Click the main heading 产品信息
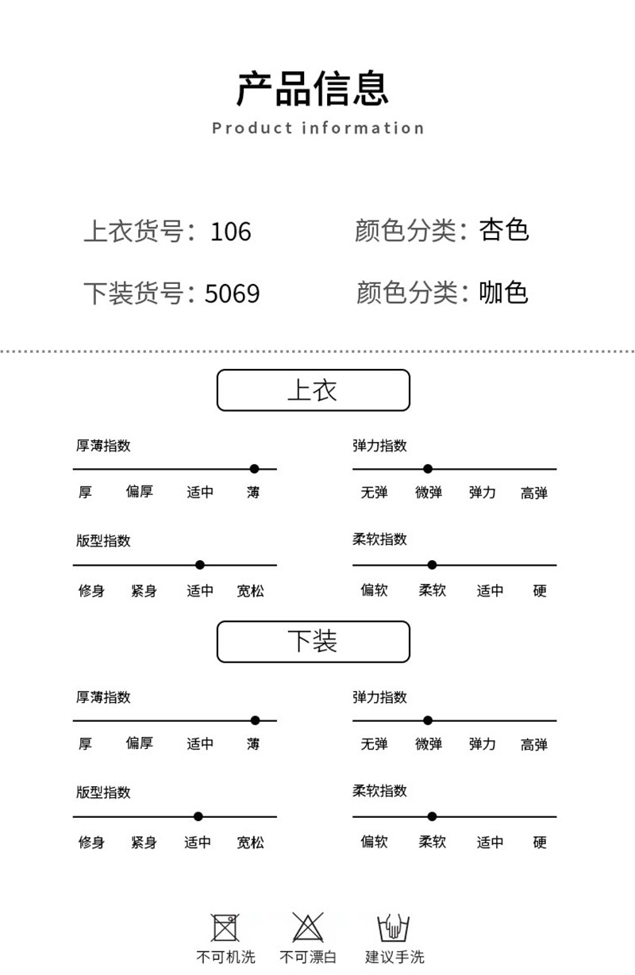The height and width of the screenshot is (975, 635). (x=313, y=89)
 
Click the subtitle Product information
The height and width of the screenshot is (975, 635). (x=318, y=128)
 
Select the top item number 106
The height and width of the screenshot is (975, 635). (x=230, y=232)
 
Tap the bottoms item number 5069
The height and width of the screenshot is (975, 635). (x=232, y=294)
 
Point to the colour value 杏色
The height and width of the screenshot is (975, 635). (x=504, y=230)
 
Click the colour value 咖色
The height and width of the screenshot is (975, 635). (x=504, y=292)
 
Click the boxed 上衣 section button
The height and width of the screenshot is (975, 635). (x=314, y=390)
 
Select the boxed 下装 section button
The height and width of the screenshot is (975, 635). (x=314, y=642)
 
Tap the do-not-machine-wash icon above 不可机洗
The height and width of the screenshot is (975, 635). (x=225, y=927)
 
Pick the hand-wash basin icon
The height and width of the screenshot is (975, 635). (x=393, y=927)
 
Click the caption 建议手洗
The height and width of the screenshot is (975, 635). (x=394, y=958)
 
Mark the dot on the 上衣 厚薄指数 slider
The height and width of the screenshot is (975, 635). (x=254, y=469)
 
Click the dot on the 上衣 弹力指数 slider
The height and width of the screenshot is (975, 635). (x=428, y=469)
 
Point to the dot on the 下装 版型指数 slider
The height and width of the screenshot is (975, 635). (x=198, y=816)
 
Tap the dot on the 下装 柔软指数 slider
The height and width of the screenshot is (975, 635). (x=432, y=816)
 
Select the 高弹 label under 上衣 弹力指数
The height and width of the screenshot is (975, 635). (x=534, y=493)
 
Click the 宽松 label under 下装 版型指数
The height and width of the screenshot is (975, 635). (x=251, y=843)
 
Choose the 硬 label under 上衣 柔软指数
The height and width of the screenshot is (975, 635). (x=540, y=591)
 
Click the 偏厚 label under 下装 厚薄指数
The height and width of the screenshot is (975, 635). (x=140, y=743)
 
